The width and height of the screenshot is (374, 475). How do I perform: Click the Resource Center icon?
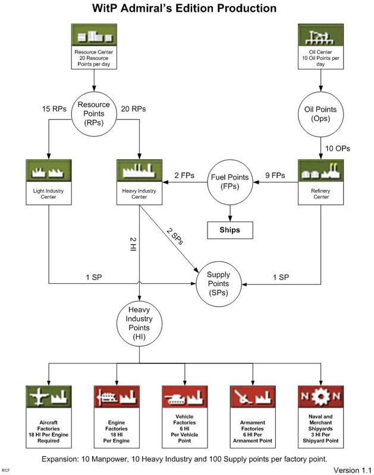pos(93,37)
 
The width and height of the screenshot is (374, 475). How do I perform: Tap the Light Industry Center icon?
pos(48,171)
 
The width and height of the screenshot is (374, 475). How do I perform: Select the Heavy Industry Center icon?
pos(139,171)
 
